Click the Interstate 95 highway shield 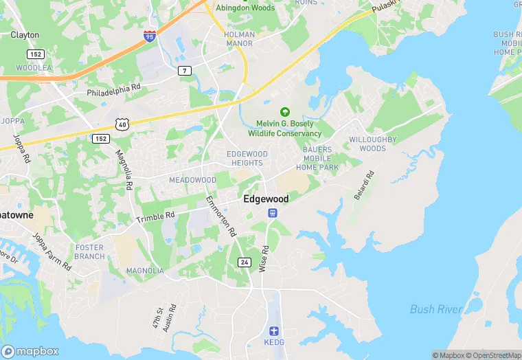(x=150, y=36)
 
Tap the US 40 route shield (x=122, y=124)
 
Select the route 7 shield (x=184, y=71)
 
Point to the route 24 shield (x=245, y=262)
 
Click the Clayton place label (x=25, y=34)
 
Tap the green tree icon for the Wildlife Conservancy (x=284, y=112)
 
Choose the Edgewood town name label (x=266, y=199)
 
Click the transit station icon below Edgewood (x=273, y=213)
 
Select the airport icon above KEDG (x=272, y=330)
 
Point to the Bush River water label (x=435, y=309)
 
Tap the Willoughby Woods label (x=373, y=144)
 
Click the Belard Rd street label (x=363, y=185)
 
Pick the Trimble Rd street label (x=156, y=216)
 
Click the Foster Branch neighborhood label (x=90, y=251)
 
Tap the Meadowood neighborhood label (x=193, y=180)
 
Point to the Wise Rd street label (x=262, y=258)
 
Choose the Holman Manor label (x=239, y=39)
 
